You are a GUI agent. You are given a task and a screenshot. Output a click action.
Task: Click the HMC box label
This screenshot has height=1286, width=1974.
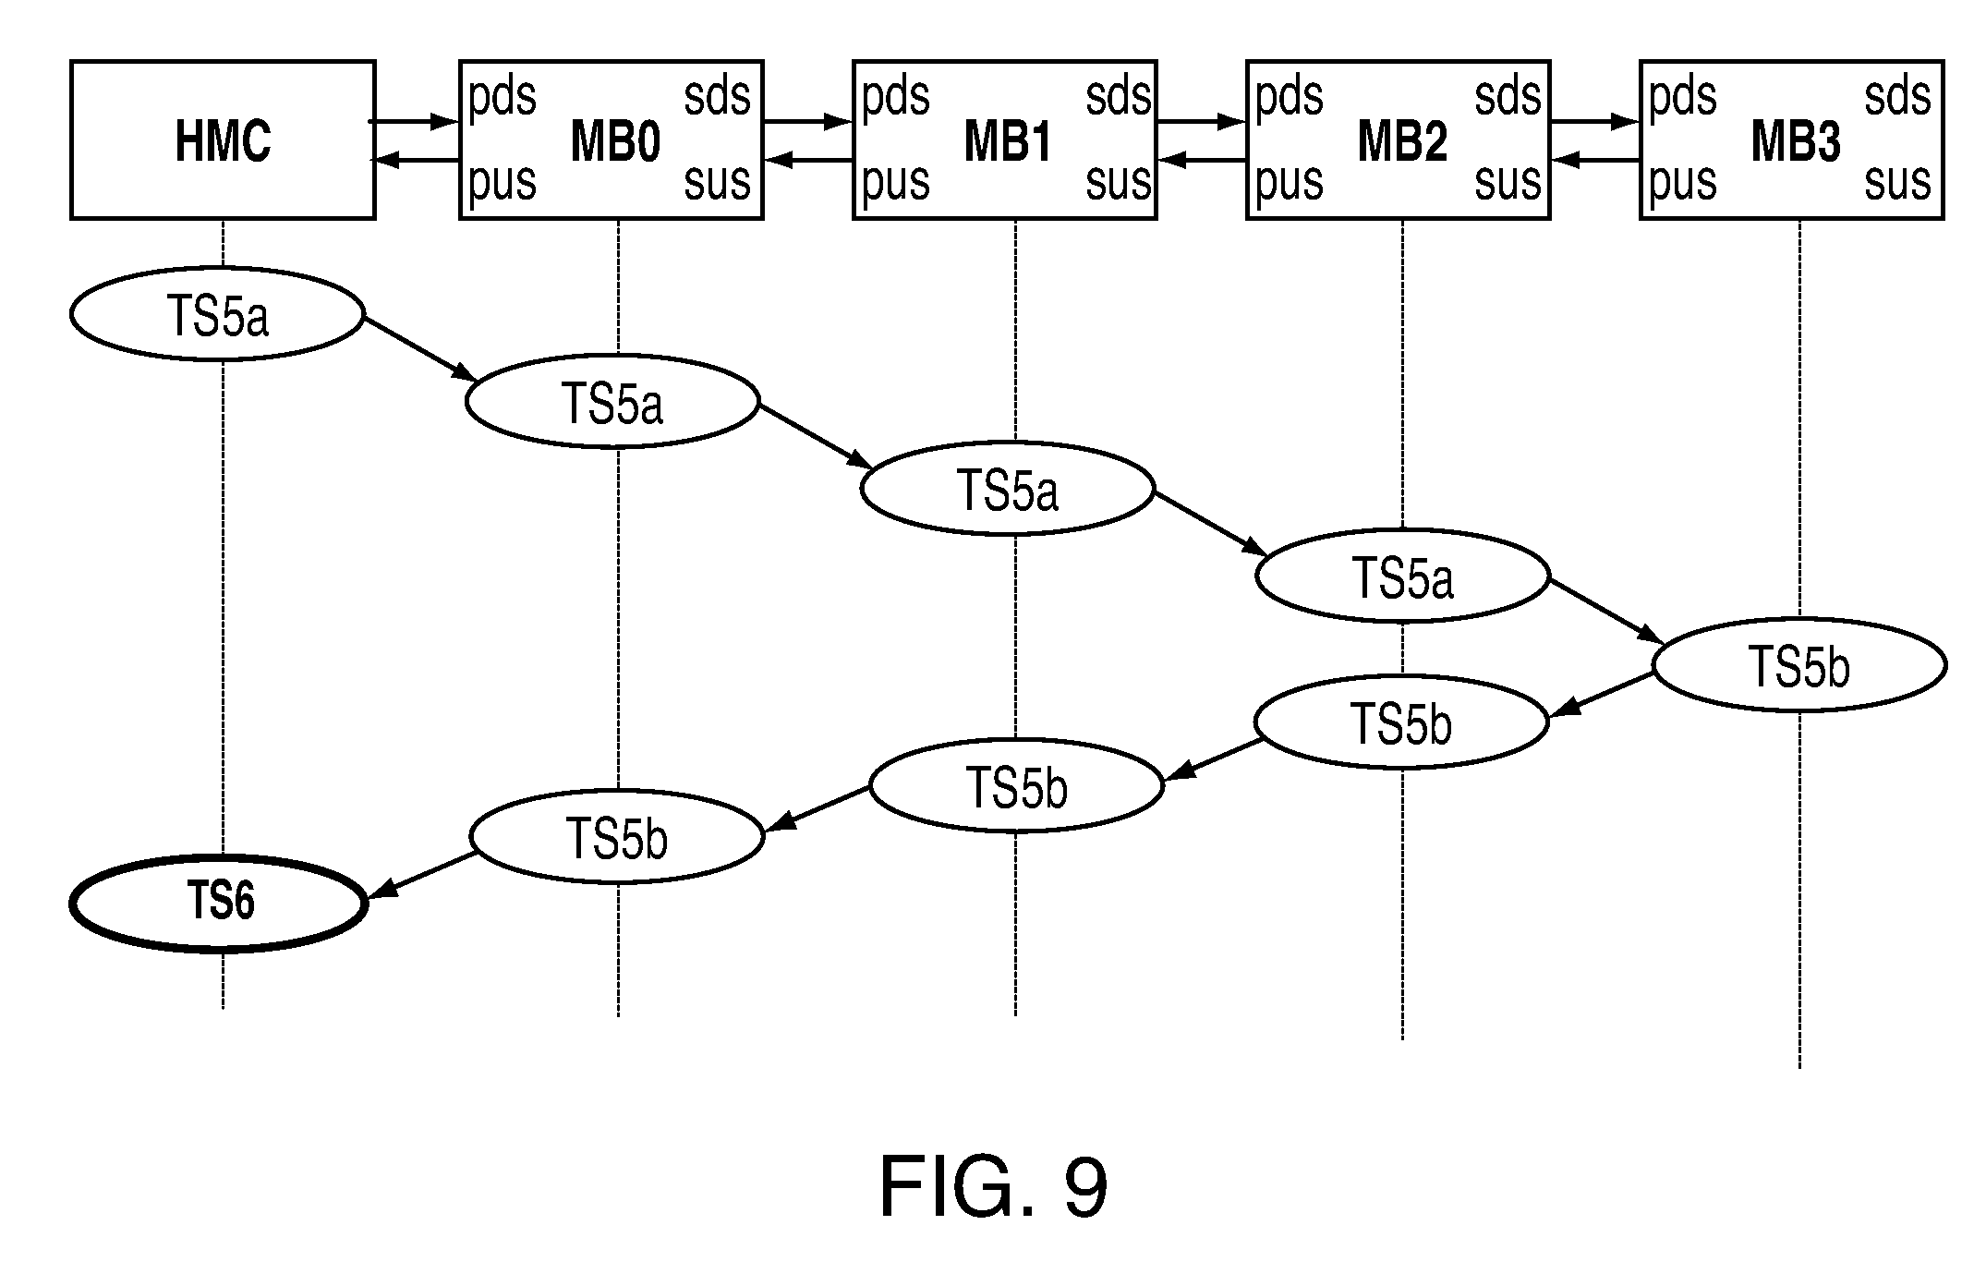click(223, 142)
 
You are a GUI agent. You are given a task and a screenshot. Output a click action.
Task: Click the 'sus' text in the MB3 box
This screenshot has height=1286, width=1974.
click(1897, 181)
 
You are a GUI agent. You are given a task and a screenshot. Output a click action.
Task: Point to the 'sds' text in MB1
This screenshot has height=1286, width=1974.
click(1119, 96)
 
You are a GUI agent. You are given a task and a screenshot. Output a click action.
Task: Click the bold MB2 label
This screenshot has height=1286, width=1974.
click(1402, 143)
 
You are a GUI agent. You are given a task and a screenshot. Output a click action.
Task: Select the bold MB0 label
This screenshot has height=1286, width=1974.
click(615, 143)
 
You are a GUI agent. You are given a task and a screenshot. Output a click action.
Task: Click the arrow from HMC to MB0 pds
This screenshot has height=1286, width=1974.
click(415, 120)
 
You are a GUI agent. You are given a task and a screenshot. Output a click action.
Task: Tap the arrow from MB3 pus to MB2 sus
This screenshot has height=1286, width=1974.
click(1595, 161)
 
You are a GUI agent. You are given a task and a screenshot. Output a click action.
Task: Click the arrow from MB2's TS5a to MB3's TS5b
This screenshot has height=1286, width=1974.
click(1606, 611)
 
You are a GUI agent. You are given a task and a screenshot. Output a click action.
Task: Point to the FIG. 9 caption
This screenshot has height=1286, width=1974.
click(993, 1188)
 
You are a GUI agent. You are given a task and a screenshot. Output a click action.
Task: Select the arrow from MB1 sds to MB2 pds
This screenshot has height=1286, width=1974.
click(1202, 120)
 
